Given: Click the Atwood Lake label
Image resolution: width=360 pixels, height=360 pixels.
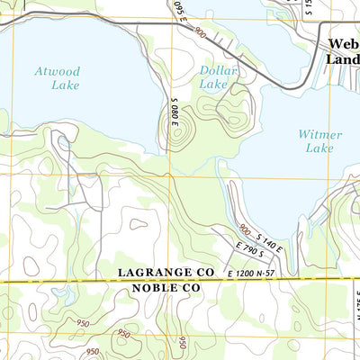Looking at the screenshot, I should click(x=58, y=78).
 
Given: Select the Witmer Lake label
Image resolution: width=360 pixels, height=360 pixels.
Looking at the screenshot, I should click(x=319, y=140).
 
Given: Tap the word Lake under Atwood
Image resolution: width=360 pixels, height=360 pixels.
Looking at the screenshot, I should click(x=64, y=85).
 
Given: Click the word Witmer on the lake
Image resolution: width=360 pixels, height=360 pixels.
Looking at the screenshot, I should click(x=319, y=134).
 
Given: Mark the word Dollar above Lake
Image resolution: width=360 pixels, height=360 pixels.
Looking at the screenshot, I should click(x=217, y=69).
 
